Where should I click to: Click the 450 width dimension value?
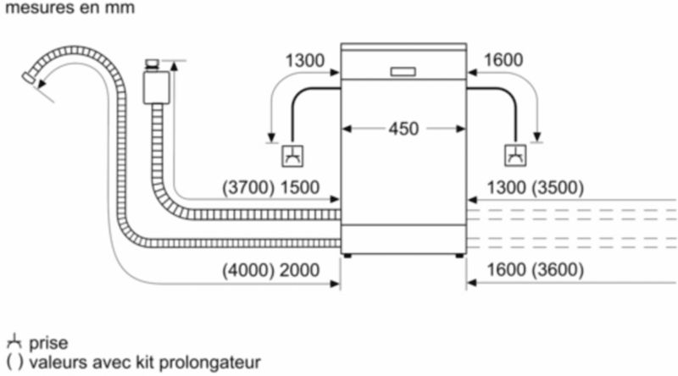tap(403, 129)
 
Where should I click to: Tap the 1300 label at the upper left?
tap(305, 61)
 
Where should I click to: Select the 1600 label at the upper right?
tap(503, 60)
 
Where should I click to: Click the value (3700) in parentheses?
tap(248, 187)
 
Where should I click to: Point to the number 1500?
tap(300, 187)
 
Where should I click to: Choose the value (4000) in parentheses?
tap(248, 270)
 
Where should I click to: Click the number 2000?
tap(300, 270)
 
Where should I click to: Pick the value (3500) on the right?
tap(558, 187)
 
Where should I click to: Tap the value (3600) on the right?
tap(558, 270)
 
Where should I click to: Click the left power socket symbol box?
tap(292, 156)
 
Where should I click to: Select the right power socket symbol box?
tap(515, 156)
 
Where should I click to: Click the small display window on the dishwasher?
tap(403, 72)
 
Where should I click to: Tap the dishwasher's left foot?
tap(347, 256)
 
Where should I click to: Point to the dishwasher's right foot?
tap(459, 256)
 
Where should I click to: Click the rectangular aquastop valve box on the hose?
tap(156, 88)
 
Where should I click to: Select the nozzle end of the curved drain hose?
tap(30, 78)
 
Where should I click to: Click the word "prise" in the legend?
tap(48, 343)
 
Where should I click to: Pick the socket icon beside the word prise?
tap(14, 341)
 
